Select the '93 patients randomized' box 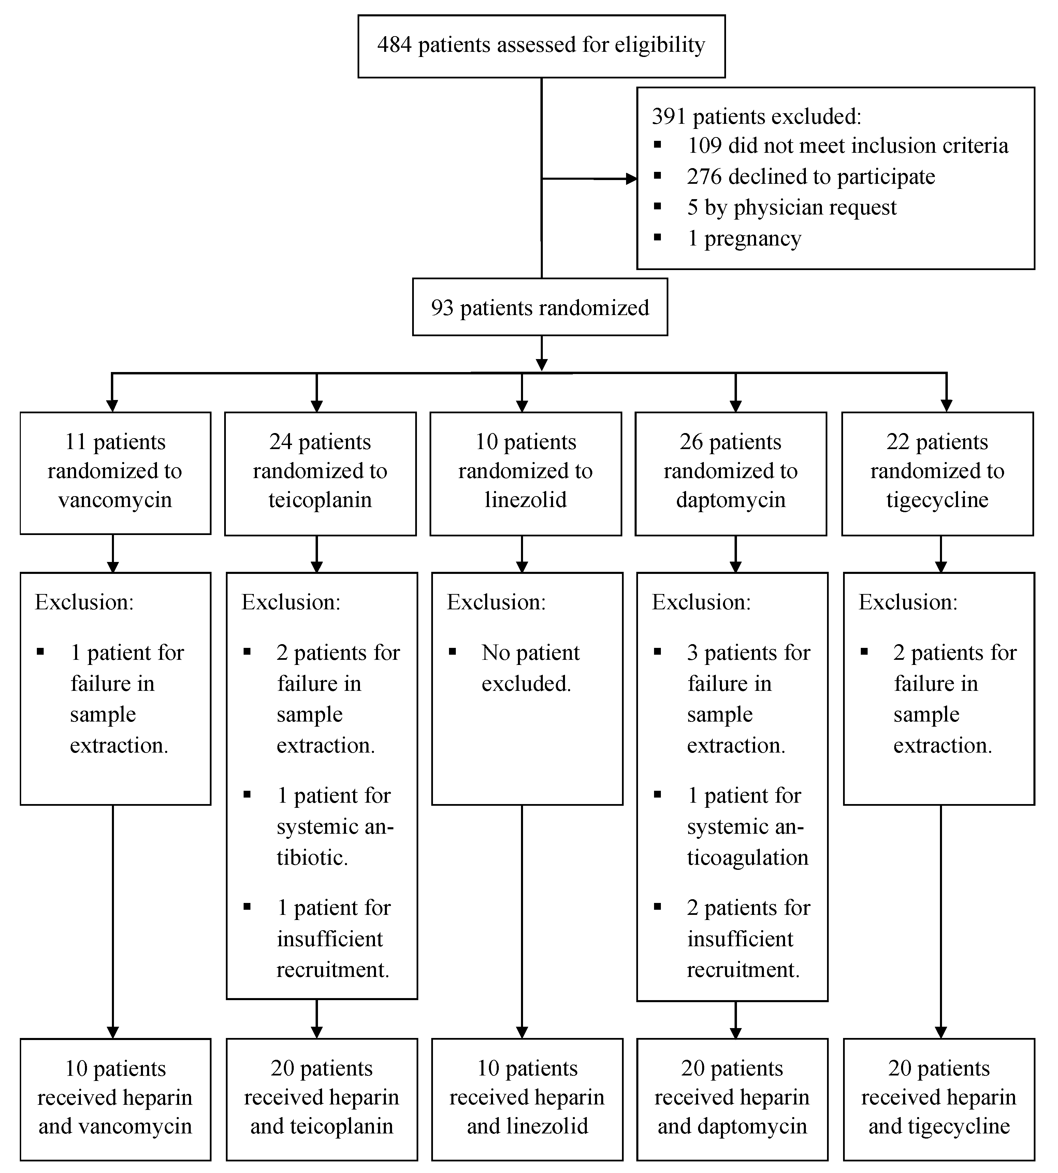click(539, 307)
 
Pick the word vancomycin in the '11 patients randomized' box click(115, 500)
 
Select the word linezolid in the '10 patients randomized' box click(525, 500)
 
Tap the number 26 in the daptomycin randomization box click(691, 442)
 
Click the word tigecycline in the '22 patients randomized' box click(937, 500)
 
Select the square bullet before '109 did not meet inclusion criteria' click(657, 145)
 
